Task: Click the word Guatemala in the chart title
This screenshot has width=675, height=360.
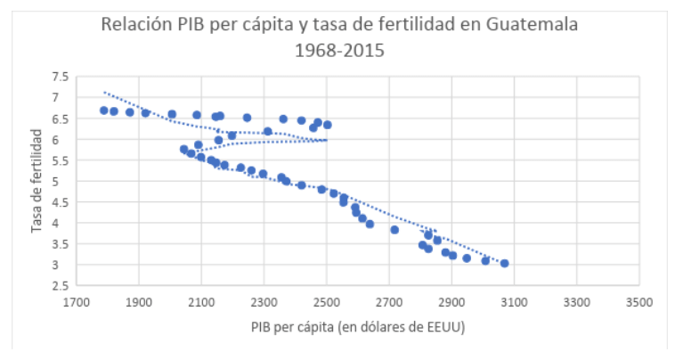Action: pyautogui.click(x=532, y=24)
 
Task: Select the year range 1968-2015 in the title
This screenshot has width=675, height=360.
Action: pyautogui.click(x=339, y=51)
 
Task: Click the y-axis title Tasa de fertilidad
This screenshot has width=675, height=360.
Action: pyautogui.click(x=37, y=181)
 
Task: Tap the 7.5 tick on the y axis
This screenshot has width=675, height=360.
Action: pyautogui.click(x=59, y=78)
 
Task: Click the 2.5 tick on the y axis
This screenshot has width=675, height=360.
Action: pyautogui.click(x=59, y=286)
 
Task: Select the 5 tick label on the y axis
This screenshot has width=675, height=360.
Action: pyautogui.click(x=63, y=182)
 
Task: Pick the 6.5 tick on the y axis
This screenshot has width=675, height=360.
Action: pyautogui.click(x=59, y=119)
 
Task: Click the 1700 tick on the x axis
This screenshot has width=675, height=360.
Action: pyautogui.click(x=77, y=303)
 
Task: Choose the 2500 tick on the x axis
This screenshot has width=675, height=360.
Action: pyautogui.click(x=327, y=303)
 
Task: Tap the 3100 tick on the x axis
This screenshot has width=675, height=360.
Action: pyautogui.click(x=515, y=303)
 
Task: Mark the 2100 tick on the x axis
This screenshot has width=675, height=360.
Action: pyautogui.click(x=201, y=303)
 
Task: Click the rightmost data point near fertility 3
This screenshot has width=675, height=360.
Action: pyautogui.click(x=505, y=263)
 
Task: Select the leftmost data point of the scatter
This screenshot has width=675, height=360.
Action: pyautogui.click(x=103, y=110)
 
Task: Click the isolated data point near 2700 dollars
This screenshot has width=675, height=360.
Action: pyautogui.click(x=394, y=230)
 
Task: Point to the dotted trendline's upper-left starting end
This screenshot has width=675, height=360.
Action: pyautogui.click(x=104, y=92)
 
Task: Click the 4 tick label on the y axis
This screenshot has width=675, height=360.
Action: pyautogui.click(x=63, y=224)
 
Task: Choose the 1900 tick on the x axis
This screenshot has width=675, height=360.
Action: pyautogui.click(x=139, y=303)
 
